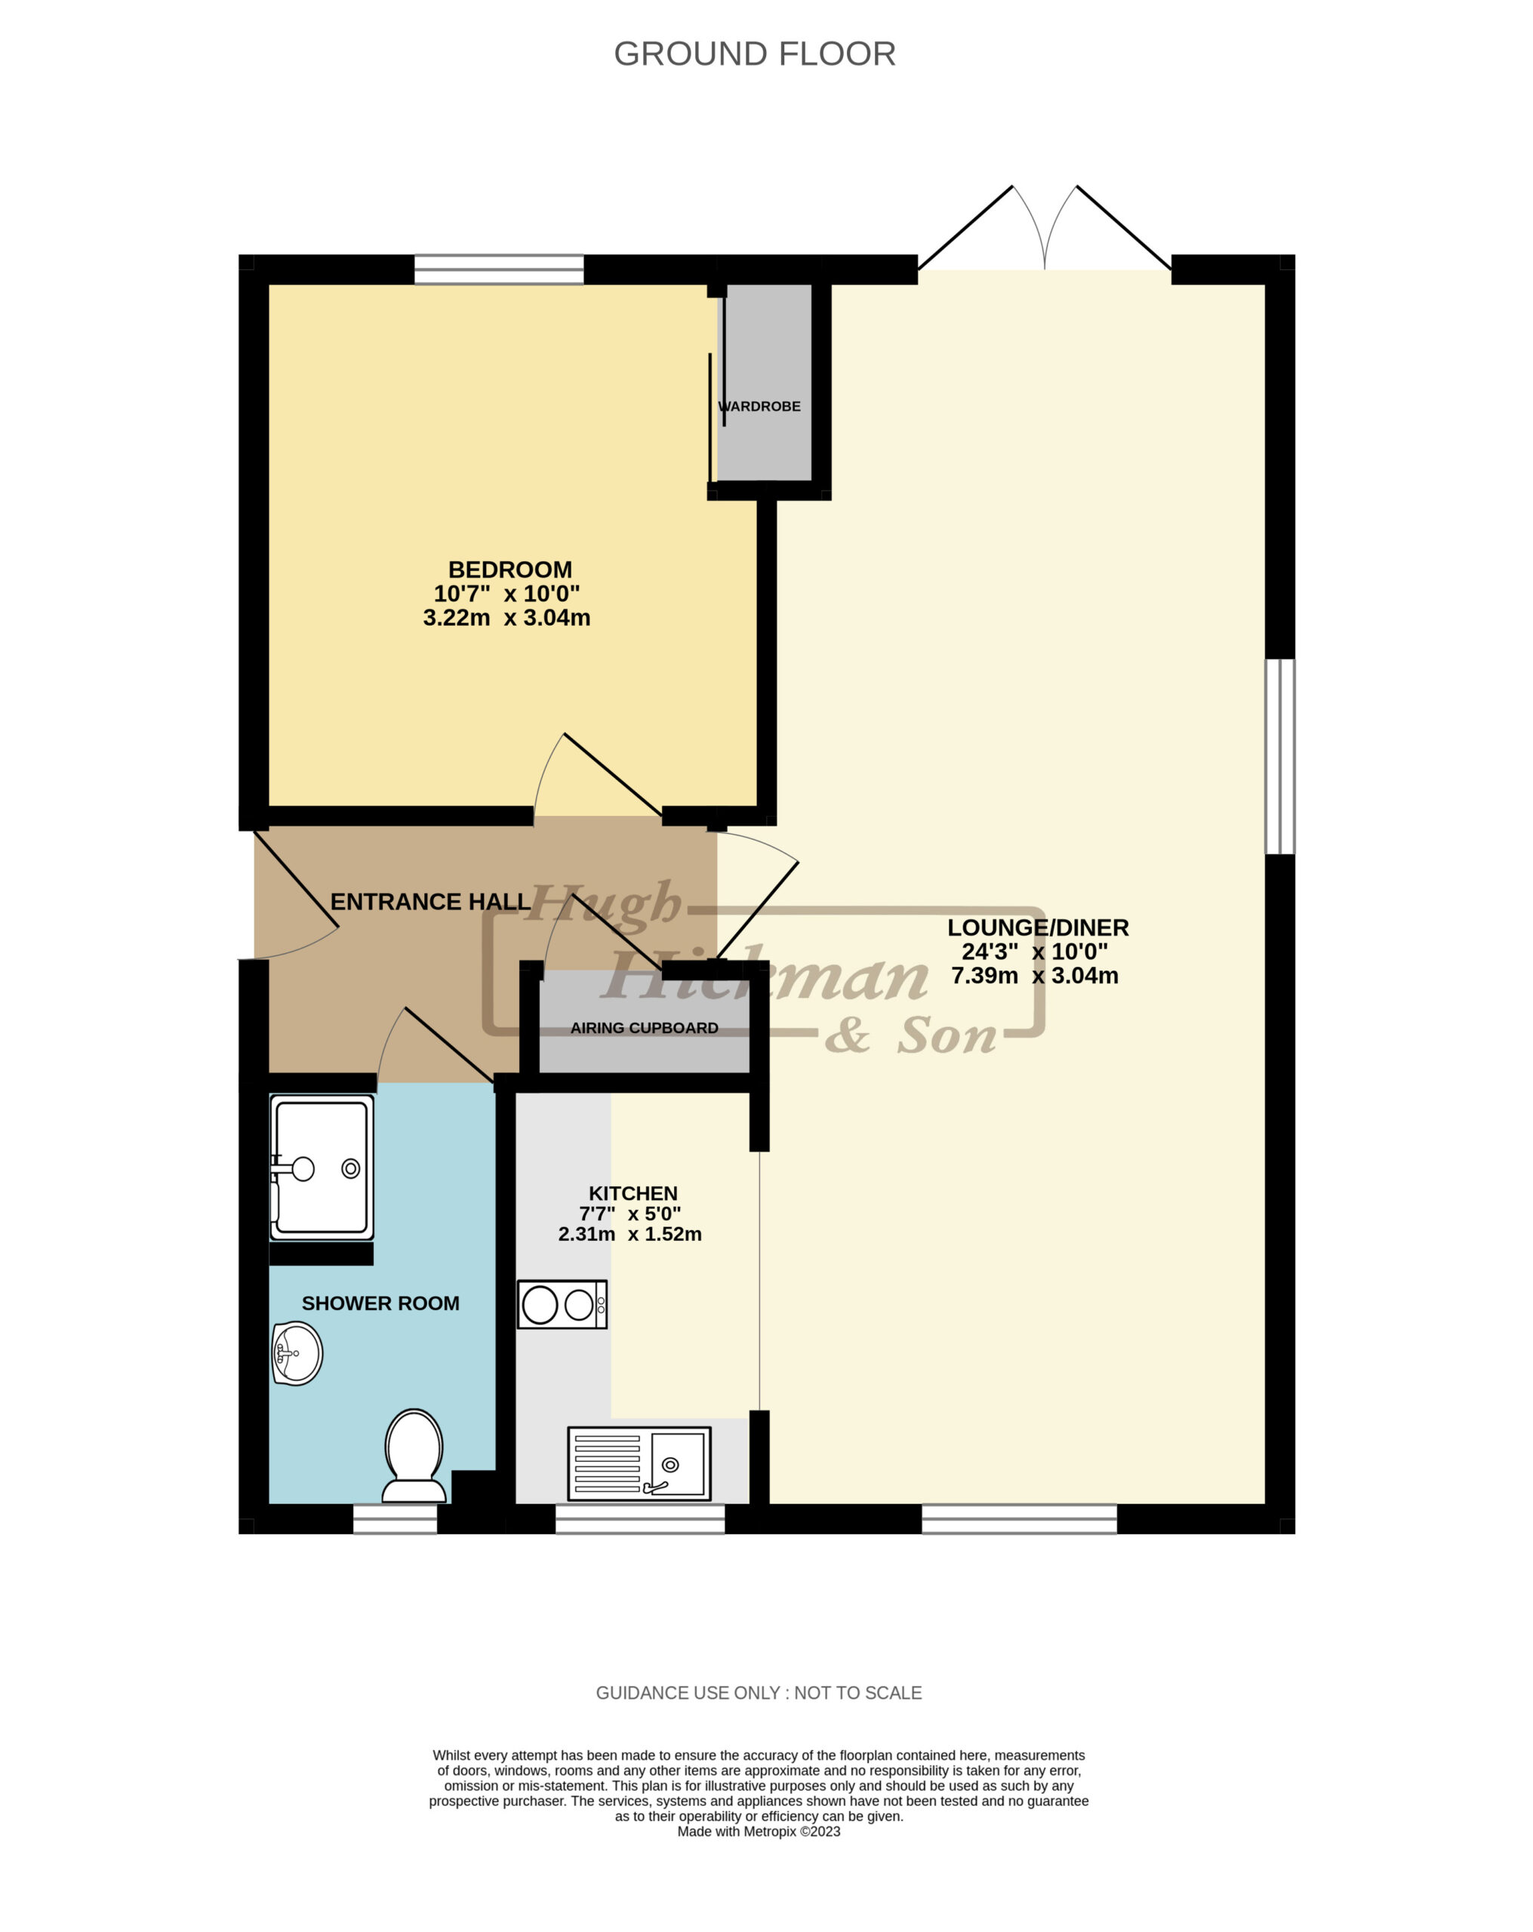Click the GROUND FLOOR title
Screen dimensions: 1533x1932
point(754,54)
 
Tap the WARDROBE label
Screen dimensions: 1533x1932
point(759,406)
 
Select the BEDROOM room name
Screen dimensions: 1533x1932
point(509,569)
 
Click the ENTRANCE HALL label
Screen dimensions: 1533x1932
point(430,902)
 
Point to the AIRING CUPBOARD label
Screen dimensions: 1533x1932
point(645,1028)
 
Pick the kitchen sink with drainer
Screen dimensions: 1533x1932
point(639,1463)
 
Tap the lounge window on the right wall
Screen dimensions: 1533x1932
point(1280,756)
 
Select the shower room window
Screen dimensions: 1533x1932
point(395,1519)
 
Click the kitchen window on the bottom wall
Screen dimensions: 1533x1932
point(640,1519)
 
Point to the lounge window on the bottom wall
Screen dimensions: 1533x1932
point(1019,1519)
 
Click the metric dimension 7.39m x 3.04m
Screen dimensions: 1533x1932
point(1035,976)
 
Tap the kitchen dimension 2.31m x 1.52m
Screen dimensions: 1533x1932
point(630,1234)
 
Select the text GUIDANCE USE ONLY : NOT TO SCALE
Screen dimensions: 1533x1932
point(759,1693)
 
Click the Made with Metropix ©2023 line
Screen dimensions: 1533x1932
point(759,1832)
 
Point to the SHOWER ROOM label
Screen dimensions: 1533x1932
point(380,1304)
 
